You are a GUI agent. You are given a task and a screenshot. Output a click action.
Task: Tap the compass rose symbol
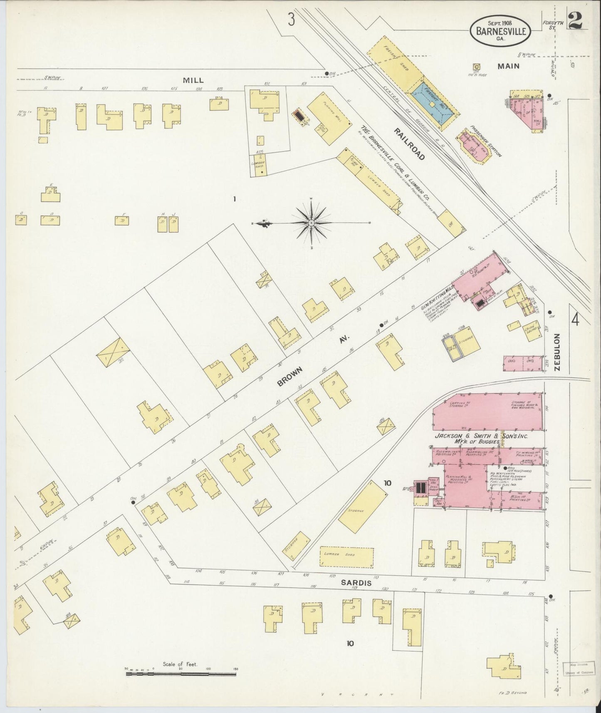pyautogui.click(x=311, y=223)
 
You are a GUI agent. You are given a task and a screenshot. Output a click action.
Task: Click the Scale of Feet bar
pyautogui.click(x=181, y=671)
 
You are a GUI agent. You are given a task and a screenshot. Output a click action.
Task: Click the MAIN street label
pyautogui.click(x=509, y=66)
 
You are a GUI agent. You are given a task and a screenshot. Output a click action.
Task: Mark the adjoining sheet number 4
pyautogui.click(x=575, y=320)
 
